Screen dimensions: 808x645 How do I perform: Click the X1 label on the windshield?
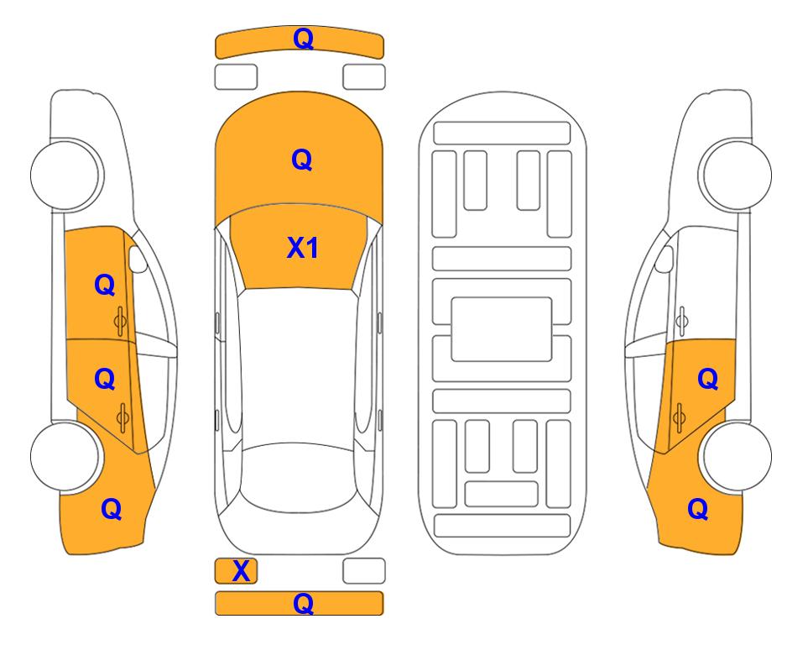303,248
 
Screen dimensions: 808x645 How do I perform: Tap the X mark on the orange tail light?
241,571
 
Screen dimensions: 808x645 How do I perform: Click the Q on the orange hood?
302,160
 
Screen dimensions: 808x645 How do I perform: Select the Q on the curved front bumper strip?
303,39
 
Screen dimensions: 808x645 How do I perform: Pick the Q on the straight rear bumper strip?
303,603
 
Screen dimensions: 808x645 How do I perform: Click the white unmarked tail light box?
364,571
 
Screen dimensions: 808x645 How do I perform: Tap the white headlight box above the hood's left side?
236,77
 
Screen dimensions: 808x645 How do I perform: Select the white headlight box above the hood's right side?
364,77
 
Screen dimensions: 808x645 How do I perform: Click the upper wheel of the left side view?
65,175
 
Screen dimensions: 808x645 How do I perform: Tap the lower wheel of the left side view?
65,456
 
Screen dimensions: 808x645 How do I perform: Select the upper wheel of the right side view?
735,175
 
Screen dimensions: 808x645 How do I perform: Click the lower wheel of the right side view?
735,456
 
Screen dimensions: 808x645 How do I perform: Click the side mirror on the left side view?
137,259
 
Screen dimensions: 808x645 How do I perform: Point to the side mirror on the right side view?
664,259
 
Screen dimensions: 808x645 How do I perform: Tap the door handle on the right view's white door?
682,321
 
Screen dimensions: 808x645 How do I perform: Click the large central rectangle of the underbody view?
502,329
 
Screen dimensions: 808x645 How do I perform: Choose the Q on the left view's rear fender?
112,509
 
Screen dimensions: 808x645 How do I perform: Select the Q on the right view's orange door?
707,380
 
